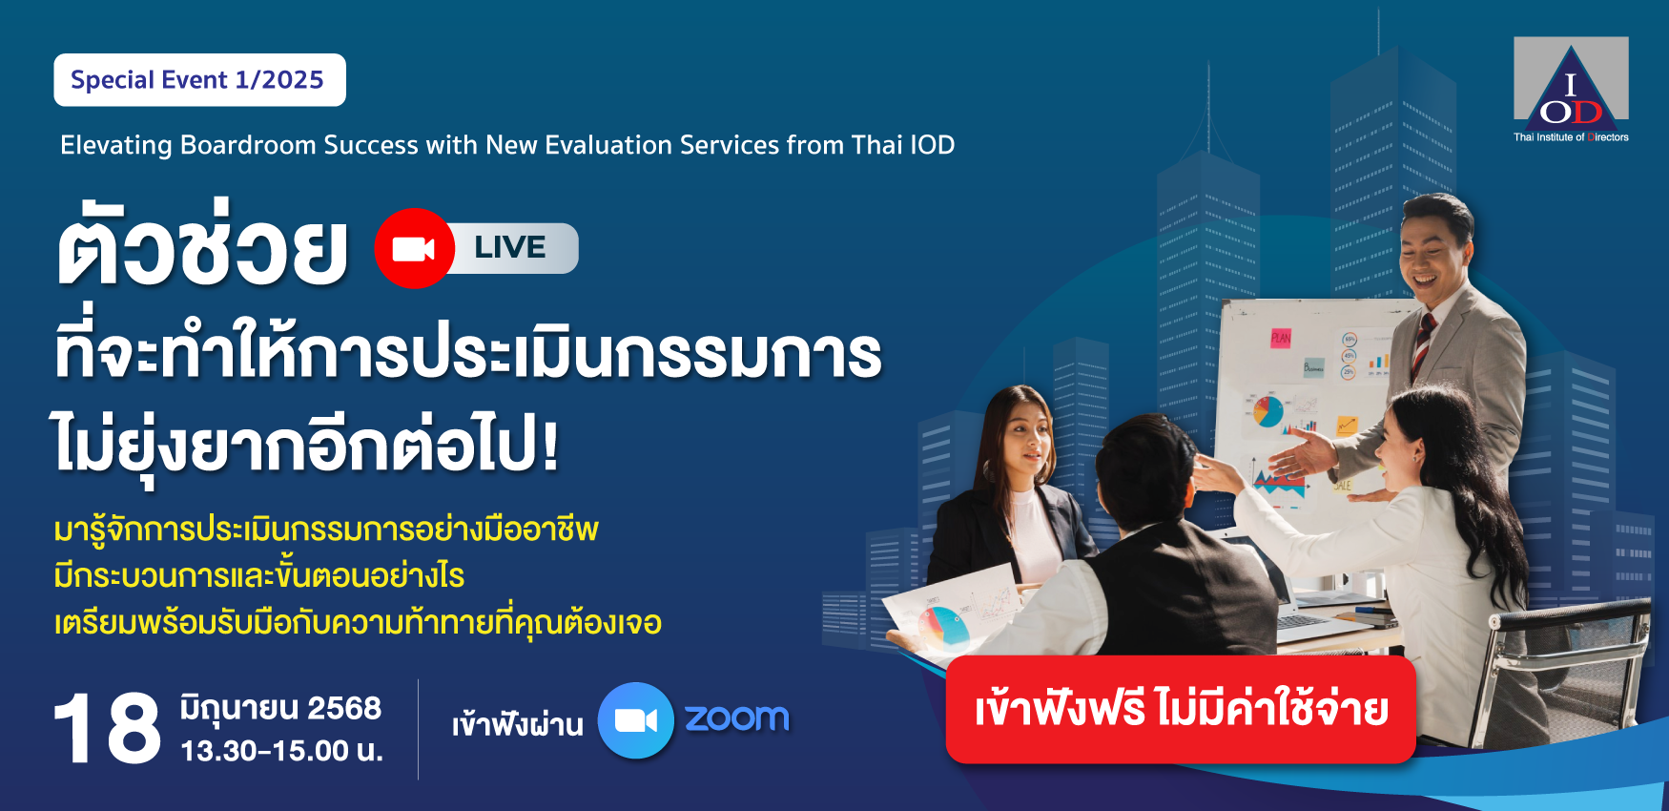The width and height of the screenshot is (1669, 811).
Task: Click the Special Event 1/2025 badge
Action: (x=199, y=80)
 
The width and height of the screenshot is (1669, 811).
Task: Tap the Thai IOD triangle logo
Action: (x=1571, y=90)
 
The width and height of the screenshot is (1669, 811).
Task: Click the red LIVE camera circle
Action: (x=414, y=248)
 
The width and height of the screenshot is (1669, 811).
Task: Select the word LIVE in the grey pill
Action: (x=510, y=247)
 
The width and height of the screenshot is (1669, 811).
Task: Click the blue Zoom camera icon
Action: (x=636, y=720)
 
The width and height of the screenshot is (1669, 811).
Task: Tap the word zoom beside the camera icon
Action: (x=737, y=718)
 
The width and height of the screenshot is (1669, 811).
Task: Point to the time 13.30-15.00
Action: (x=265, y=751)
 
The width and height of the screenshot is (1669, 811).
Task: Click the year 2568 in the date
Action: (x=344, y=708)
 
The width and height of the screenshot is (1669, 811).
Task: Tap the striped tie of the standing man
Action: (x=1423, y=343)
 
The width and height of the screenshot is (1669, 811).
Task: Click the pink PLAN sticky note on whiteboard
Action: (x=1280, y=338)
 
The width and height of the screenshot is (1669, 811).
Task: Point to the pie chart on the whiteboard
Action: (x=1267, y=411)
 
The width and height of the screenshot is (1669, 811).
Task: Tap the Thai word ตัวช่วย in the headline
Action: (x=202, y=244)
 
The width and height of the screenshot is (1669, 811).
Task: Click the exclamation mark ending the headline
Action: (x=549, y=445)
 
